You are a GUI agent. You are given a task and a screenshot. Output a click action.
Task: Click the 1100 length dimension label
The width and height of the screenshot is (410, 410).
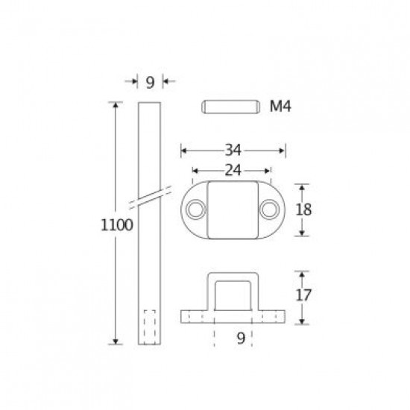tap(117, 225)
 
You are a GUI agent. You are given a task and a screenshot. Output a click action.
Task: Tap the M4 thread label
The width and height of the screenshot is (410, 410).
tap(280, 107)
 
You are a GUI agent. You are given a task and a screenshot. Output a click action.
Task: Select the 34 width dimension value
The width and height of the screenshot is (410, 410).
tap(233, 151)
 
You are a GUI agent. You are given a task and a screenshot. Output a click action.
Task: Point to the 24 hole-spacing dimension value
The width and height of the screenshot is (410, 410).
tap(233, 171)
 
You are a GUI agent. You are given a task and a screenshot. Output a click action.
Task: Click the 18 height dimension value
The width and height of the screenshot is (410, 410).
tap(303, 209)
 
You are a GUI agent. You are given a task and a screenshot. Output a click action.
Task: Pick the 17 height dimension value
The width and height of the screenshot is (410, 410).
tap(303, 295)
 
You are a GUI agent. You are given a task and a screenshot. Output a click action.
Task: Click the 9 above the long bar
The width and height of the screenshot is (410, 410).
tap(150, 83)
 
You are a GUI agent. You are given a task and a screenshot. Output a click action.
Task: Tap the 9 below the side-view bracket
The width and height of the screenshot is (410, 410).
tap(241, 338)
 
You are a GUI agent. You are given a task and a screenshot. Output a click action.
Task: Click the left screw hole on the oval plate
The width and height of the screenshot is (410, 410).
tap(195, 209)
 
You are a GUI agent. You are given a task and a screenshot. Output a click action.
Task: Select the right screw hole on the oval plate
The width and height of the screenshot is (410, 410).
tap(269, 209)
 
